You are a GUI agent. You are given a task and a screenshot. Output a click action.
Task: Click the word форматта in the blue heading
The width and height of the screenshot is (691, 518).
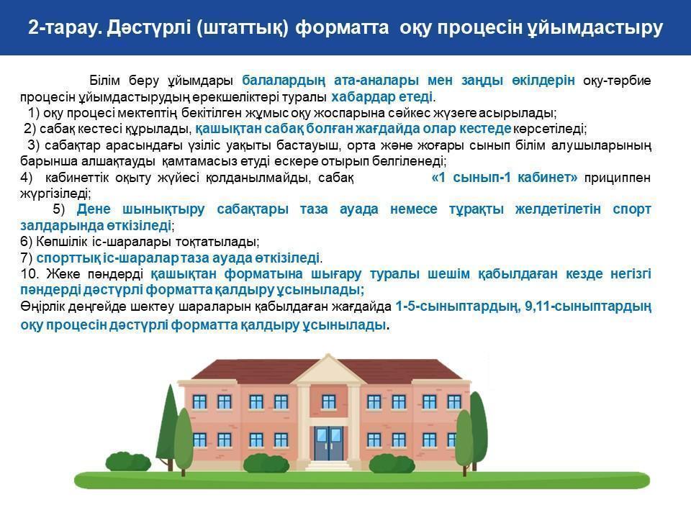point(342,27)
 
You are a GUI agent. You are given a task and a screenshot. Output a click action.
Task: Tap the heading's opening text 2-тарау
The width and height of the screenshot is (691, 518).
point(65,28)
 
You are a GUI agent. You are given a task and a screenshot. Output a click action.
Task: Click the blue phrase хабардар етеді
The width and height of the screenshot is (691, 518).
point(381,96)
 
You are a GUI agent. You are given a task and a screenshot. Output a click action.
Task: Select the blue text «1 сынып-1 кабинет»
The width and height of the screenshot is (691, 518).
point(504,178)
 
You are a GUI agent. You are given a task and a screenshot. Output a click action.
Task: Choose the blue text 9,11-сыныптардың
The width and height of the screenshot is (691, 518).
point(588,306)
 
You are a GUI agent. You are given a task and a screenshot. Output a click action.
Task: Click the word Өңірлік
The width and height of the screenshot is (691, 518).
point(42,306)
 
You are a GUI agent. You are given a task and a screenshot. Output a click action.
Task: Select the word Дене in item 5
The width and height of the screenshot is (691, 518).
point(94,209)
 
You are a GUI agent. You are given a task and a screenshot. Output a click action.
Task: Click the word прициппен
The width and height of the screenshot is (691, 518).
point(618,178)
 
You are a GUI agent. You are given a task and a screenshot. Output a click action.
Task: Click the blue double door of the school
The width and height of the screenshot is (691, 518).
point(328,443)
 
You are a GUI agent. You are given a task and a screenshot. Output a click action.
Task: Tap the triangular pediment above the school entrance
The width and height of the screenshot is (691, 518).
point(328,368)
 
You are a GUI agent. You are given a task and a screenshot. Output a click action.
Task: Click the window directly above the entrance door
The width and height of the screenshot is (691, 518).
point(329,402)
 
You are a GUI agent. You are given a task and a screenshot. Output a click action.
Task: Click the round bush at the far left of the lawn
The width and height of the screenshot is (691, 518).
point(128,463)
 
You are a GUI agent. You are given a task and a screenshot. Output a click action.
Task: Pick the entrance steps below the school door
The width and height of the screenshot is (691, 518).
point(329,465)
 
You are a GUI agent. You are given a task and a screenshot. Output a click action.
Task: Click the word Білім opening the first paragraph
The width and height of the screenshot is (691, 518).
point(105,81)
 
